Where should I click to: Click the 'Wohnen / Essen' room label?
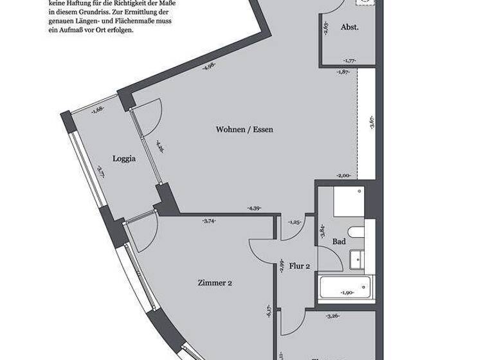point(244,129)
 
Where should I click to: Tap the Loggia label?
point(123,159)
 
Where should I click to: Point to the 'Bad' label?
point(339,242)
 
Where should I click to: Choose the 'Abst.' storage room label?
point(349,28)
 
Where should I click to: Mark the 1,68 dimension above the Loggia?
point(98,109)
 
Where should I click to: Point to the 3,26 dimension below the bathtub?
point(332,316)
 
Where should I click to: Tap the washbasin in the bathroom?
point(356,260)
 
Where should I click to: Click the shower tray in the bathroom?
point(348,201)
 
